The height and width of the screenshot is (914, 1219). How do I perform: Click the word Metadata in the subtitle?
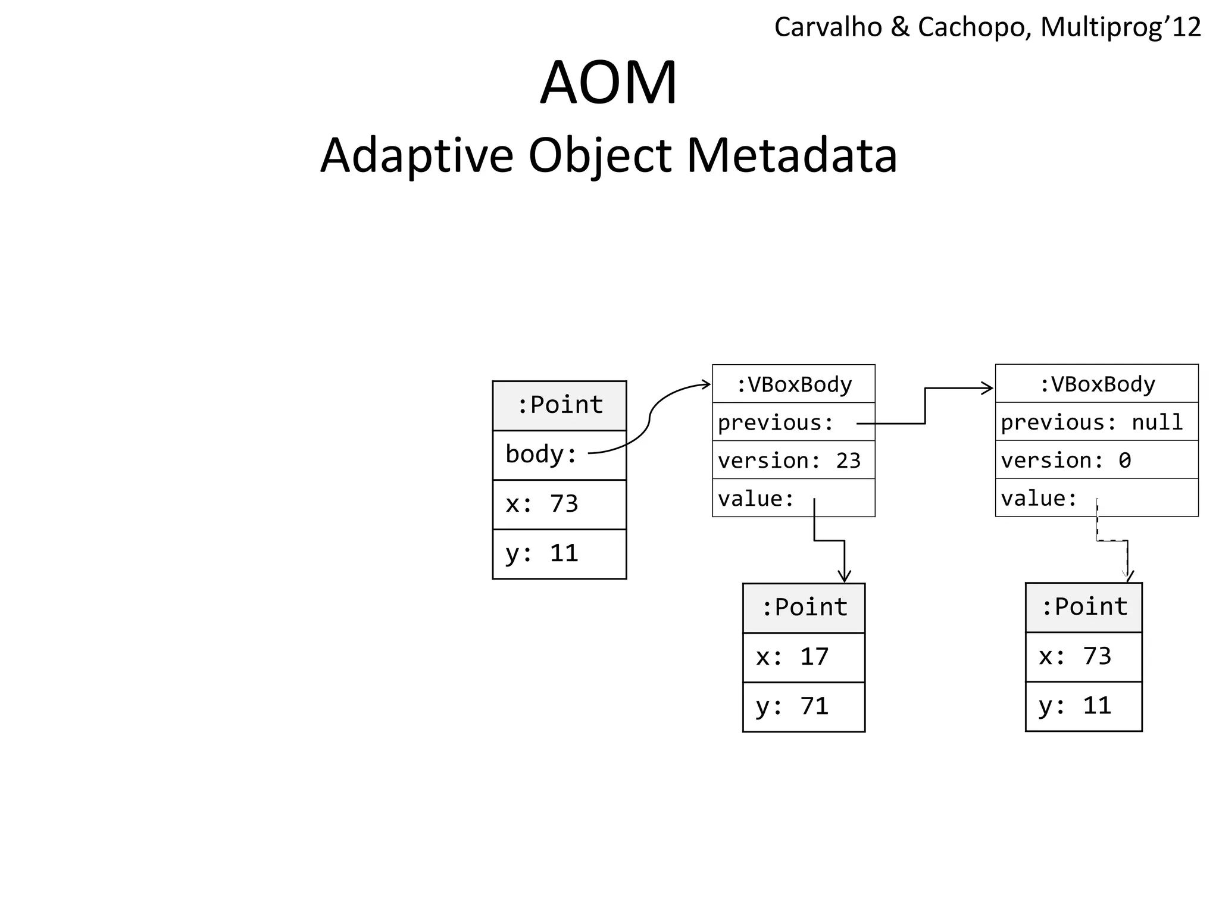(x=792, y=155)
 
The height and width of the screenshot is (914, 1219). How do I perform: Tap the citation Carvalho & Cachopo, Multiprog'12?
(x=987, y=27)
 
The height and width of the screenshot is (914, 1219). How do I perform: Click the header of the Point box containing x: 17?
(x=803, y=608)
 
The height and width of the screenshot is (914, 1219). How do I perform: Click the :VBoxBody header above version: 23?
(x=793, y=384)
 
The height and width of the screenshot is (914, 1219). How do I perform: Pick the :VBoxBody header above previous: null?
(x=1096, y=384)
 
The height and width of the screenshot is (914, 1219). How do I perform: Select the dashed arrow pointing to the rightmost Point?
(x=1112, y=541)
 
